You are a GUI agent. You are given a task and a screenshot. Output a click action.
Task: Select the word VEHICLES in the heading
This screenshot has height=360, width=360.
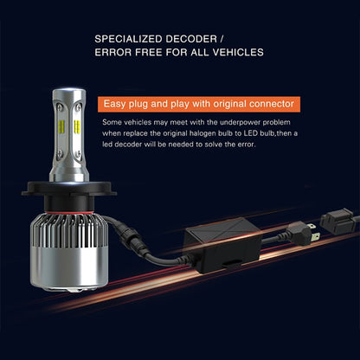(x=238, y=52)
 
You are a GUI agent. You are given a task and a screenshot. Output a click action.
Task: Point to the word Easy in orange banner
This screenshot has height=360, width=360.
(x=114, y=104)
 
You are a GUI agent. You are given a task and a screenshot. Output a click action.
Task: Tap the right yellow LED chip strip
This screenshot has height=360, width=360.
(x=77, y=126)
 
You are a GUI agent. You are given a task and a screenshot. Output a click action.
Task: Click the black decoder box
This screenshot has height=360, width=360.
(x=223, y=245)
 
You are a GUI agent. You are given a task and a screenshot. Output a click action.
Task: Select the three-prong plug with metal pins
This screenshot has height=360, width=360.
(x=302, y=233)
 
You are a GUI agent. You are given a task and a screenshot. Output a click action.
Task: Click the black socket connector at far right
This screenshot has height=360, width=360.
(x=337, y=222)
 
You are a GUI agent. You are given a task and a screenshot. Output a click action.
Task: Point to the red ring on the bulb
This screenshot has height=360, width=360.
(x=69, y=214)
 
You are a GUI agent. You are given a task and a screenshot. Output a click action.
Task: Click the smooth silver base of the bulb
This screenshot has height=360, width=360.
(x=69, y=268)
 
